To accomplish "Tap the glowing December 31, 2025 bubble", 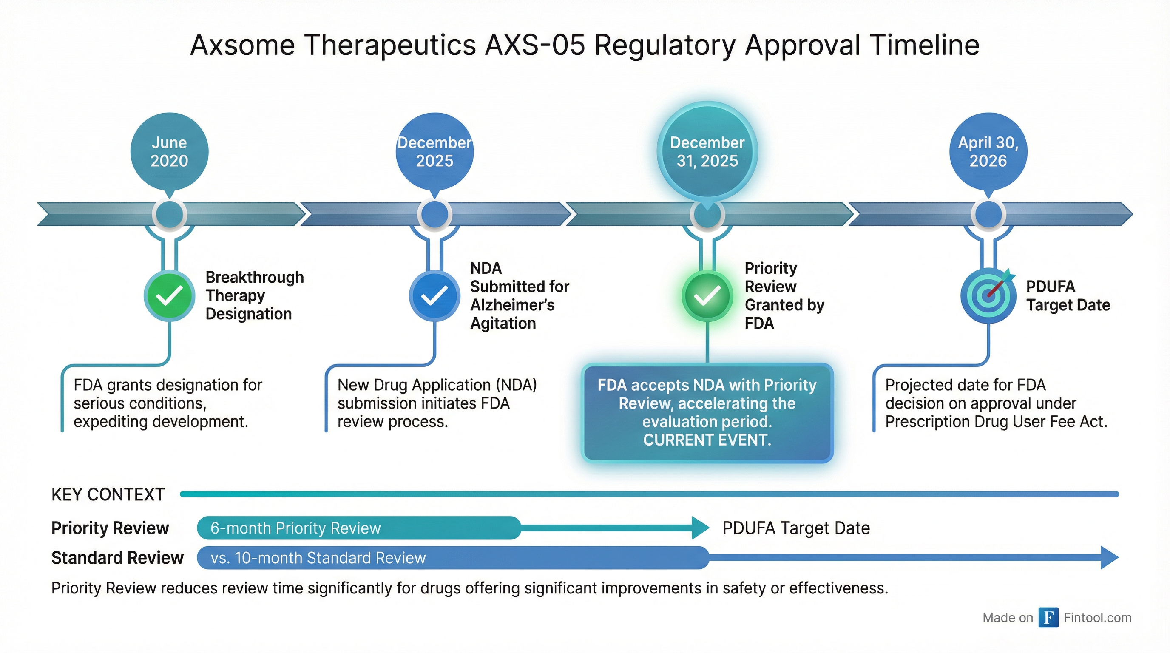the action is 707,151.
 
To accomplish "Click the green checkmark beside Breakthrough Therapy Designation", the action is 169,296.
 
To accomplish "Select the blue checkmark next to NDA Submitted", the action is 434,296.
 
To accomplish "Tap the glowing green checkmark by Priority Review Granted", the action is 707,296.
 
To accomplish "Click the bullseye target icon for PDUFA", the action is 988,296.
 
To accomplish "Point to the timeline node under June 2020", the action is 169,214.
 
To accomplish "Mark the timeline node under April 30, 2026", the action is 988,214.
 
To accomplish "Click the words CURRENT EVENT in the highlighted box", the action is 707,440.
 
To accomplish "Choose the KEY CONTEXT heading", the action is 108,494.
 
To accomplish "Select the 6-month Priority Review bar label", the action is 295,528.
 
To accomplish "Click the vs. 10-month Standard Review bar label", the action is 318,558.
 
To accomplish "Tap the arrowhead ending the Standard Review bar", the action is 1110,558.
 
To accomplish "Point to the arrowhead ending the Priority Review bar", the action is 700,528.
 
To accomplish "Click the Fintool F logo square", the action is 1048,618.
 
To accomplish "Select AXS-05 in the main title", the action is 535,45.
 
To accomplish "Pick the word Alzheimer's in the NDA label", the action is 512,305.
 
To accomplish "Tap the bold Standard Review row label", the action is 118,558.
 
